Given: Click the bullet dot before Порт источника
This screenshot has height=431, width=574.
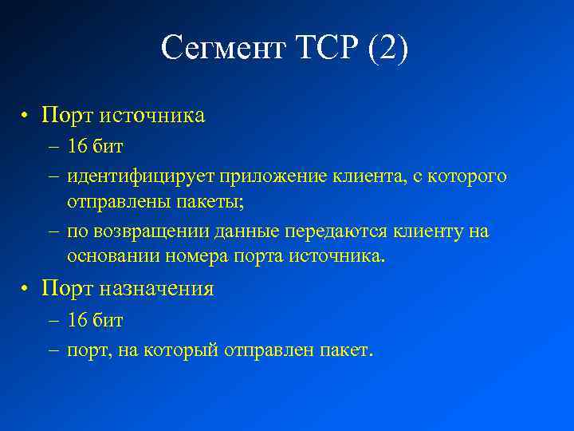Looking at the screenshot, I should point(26,116).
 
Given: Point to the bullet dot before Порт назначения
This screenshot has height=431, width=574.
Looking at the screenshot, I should point(26,288).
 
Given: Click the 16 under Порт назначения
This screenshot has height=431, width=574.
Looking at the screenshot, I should point(77,321).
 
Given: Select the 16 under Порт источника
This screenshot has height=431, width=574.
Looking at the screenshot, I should point(77,148).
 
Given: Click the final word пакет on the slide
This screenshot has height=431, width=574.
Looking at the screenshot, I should point(348,350).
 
